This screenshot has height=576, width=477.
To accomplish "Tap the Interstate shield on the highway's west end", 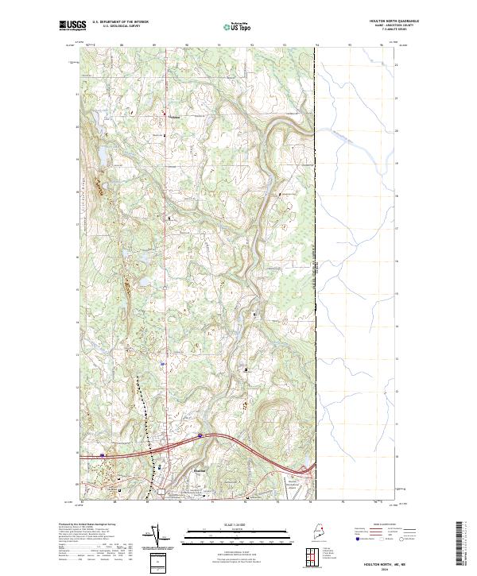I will (103, 455).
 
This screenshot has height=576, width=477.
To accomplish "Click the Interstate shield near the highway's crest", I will (200, 435).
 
